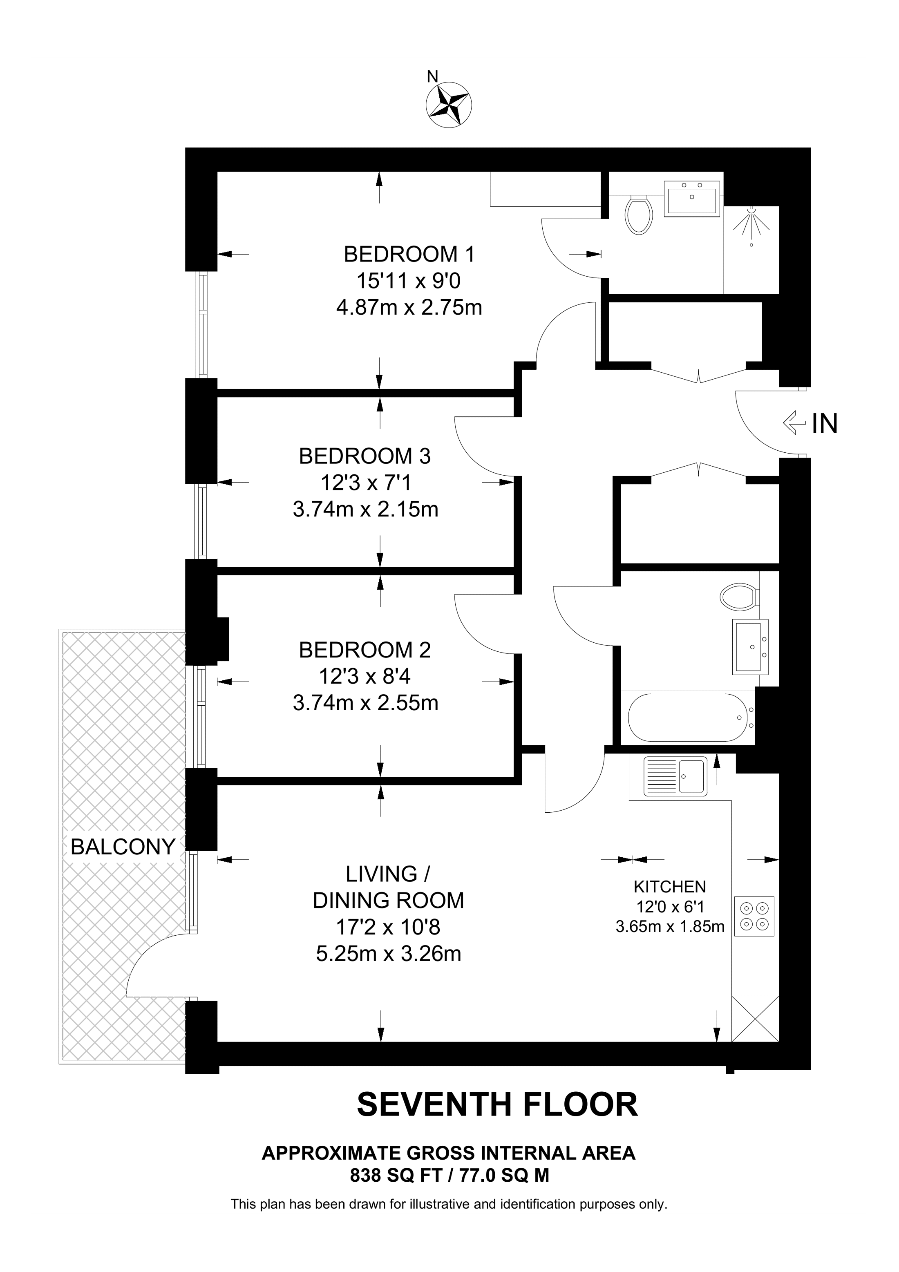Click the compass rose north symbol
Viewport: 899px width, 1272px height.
[x=449, y=104]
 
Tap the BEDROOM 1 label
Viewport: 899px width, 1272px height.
[x=409, y=254]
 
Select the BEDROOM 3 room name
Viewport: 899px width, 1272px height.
[x=365, y=456]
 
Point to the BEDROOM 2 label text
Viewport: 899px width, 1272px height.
[x=365, y=650]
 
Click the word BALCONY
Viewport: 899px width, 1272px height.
[x=123, y=847]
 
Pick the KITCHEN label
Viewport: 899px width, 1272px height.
[x=670, y=887]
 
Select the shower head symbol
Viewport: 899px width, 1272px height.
[x=751, y=225]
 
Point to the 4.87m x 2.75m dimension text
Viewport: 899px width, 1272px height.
[x=409, y=307]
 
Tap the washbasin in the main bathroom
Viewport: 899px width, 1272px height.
[x=750, y=646]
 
